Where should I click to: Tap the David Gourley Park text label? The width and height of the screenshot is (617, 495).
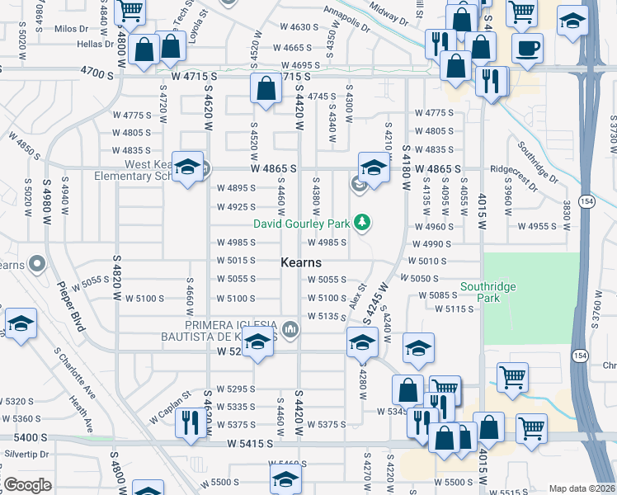(x=300, y=223)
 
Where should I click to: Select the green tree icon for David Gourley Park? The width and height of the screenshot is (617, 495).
(x=361, y=222)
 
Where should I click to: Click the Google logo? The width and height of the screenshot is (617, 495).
(x=27, y=485)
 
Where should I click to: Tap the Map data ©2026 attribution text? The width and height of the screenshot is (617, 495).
(x=582, y=488)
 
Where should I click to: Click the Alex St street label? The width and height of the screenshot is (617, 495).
(x=356, y=293)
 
